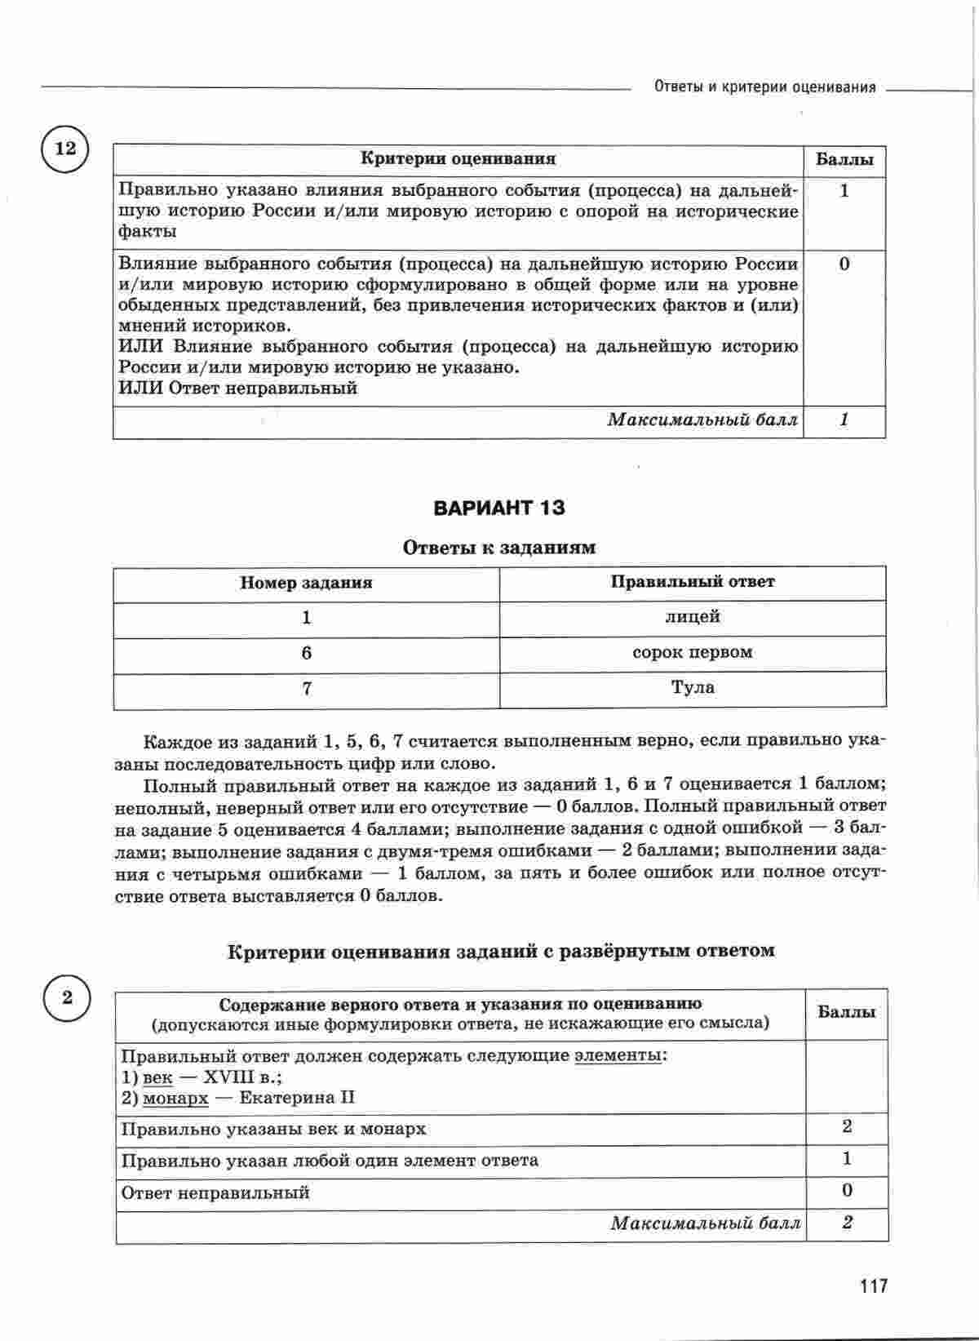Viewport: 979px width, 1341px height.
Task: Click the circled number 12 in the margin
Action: click(x=64, y=149)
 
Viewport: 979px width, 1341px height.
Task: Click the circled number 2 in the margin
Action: click(x=67, y=997)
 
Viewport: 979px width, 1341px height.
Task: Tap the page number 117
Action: click(x=872, y=1286)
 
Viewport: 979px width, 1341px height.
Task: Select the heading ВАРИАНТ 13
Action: click(x=499, y=508)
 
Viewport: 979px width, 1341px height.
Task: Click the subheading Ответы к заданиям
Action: click(x=499, y=548)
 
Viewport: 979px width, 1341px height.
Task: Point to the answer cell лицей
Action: click(x=693, y=617)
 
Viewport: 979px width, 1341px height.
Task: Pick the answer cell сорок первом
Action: click(x=693, y=652)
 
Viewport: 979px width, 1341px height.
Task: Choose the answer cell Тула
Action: click(x=693, y=687)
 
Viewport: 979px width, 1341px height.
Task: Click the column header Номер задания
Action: click(x=306, y=583)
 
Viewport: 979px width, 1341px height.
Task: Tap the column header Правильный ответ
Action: click(x=693, y=582)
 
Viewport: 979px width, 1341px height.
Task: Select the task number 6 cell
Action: click(x=306, y=653)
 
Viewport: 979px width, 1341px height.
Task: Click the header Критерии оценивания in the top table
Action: click(x=458, y=159)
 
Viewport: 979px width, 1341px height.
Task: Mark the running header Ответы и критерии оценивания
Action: click(x=764, y=87)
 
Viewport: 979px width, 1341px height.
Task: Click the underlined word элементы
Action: click(x=618, y=1055)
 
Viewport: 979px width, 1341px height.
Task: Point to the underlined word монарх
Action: click(x=175, y=1098)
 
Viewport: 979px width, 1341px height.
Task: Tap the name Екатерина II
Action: click(x=297, y=1098)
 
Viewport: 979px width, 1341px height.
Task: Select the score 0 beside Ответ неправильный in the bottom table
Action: click(x=846, y=1191)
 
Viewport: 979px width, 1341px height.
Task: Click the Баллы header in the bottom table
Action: click(x=846, y=1012)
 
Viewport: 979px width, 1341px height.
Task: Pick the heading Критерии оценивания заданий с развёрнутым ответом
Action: click(x=500, y=951)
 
